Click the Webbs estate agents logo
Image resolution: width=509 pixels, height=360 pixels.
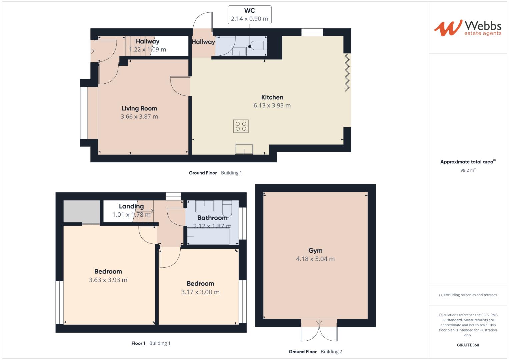468,28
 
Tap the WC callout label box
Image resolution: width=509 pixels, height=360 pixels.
249,15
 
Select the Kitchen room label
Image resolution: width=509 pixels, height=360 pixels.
272,97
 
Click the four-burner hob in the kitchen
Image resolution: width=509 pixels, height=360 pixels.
241,126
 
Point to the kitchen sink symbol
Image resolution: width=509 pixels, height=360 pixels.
244,149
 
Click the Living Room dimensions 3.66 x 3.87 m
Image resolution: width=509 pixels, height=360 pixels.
139,117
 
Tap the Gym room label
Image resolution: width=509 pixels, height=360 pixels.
315,251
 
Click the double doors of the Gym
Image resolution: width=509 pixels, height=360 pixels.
319,330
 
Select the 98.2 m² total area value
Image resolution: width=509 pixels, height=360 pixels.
468,170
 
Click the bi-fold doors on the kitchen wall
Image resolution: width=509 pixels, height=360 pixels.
347,72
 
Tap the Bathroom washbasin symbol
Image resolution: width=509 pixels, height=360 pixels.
204,206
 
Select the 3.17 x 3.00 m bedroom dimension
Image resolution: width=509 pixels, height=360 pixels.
200,292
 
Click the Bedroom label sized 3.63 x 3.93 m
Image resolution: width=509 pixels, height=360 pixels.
108,272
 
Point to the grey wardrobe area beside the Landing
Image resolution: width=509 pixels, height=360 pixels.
82,211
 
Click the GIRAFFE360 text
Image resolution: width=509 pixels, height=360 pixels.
468,345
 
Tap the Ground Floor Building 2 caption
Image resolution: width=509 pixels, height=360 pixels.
315,352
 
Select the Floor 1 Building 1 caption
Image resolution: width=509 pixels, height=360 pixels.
151,343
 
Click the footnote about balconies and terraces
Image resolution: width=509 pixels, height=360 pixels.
468,295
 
